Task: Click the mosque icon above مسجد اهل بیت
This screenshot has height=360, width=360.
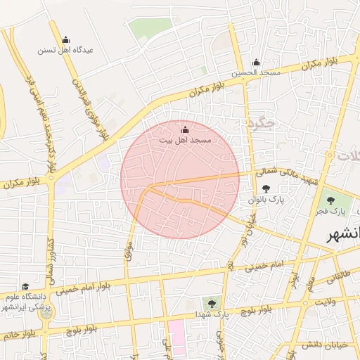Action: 185,130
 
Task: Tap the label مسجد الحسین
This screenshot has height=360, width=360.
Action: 259,72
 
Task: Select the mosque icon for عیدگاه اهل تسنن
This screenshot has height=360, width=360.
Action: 65,39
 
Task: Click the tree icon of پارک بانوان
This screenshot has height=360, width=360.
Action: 266,188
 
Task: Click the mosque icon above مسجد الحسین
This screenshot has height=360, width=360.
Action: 256,62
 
